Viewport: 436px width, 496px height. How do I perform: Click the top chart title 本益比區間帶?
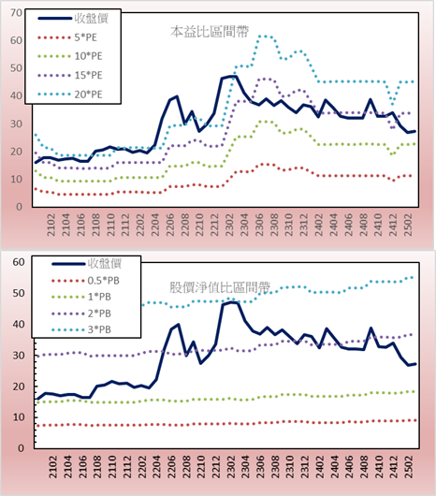pos(210,32)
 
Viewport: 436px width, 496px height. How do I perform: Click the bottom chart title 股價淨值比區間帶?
pos(220,287)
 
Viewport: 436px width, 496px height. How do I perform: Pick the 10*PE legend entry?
pos(70,56)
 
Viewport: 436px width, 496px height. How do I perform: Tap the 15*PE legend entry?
pos(70,75)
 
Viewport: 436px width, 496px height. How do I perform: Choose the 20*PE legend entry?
pos(70,95)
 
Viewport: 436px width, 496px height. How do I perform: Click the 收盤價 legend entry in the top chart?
pos(73,19)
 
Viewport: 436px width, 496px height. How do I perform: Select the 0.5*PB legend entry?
pos(85,281)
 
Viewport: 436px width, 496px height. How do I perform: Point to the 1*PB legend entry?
pos(81,297)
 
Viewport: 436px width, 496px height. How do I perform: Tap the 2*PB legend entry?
pos(81,314)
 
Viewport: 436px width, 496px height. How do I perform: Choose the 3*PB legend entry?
pos(81,329)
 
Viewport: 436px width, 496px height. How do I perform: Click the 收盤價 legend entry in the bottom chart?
pos(87,263)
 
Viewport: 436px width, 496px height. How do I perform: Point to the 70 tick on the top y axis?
pos(17,13)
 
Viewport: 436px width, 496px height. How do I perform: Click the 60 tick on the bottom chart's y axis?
pos(19,262)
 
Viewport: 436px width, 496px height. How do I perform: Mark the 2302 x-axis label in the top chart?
pos(229,225)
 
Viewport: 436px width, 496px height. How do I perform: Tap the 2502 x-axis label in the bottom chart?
pos(410,467)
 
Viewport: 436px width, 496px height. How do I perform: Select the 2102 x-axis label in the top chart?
pos(51,225)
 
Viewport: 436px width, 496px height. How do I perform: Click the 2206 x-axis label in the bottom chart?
pos(171,467)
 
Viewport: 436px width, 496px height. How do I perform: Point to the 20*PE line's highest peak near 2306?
pos(264,36)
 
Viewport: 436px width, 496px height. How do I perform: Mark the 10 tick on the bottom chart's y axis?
pos(19,417)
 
